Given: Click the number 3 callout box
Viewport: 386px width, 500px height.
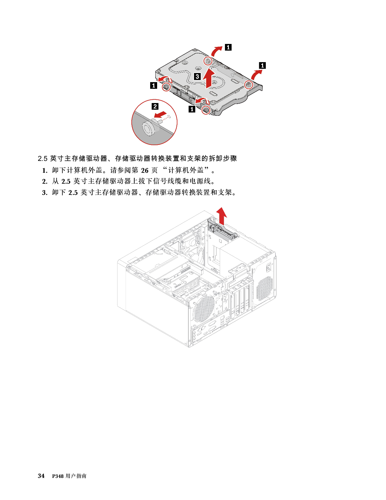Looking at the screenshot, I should [x=197, y=76].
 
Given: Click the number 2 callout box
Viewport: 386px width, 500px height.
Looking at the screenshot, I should [x=155, y=106].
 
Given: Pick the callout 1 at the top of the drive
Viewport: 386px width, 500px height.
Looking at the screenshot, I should [x=228, y=47].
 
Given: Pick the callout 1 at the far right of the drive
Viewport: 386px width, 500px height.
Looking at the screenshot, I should [x=262, y=65].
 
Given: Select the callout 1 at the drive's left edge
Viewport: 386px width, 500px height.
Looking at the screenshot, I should [x=153, y=86].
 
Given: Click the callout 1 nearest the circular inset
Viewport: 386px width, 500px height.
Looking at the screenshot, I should [x=192, y=109].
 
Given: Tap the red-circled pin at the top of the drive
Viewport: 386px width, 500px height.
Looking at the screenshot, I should [x=208, y=60].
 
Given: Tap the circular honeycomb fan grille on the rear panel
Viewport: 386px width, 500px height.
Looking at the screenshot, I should [x=203, y=308].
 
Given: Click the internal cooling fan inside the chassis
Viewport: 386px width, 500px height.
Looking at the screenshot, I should [x=194, y=252].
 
